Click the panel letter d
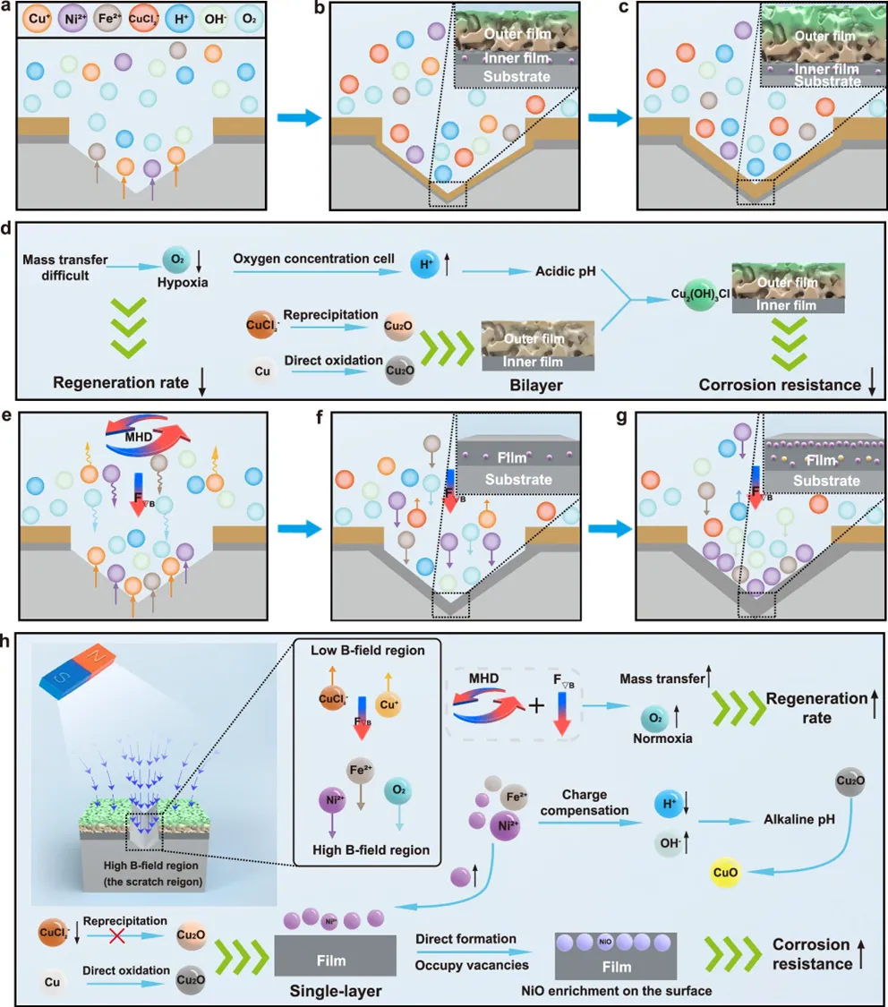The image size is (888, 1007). coord(7,230)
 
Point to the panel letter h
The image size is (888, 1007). coord(7,642)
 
